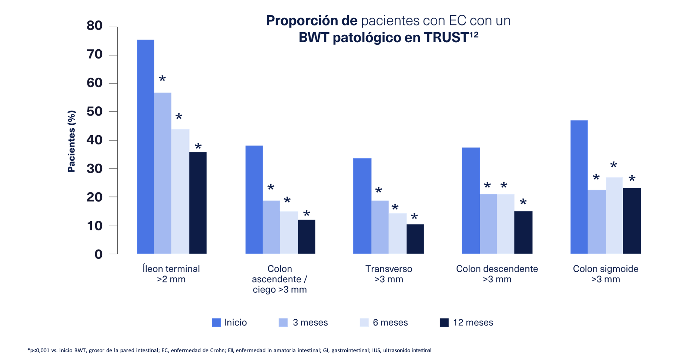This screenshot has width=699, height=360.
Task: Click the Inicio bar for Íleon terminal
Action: (x=146, y=147)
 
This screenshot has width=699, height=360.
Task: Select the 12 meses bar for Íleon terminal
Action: (x=198, y=203)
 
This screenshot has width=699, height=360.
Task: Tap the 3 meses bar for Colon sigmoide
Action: (x=596, y=222)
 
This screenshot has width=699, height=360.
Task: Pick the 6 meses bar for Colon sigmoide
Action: (x=614, y=216)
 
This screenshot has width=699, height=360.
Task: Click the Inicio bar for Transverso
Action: (x=362, y=206)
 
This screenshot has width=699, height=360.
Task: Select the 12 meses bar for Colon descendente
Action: (x=523, y=232)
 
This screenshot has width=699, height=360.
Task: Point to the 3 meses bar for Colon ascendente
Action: (x=271, y=227)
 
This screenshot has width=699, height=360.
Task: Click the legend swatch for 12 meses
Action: (x=444, y=323)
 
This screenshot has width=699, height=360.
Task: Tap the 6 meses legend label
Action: (x=390, y=323)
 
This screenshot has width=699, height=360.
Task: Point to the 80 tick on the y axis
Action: (x=94, y=26)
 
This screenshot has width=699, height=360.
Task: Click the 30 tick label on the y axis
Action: (x=94, y=169)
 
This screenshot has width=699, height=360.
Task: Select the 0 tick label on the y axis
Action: (x=98, y=254)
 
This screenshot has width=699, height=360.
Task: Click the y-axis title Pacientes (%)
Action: (x=71, y=141)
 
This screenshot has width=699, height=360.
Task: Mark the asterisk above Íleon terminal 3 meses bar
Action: (x=162, y=79)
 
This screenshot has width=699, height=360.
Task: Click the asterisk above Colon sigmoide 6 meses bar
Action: (x=613, y=165)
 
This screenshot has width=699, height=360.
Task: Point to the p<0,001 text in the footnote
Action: (x=40, y=350)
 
